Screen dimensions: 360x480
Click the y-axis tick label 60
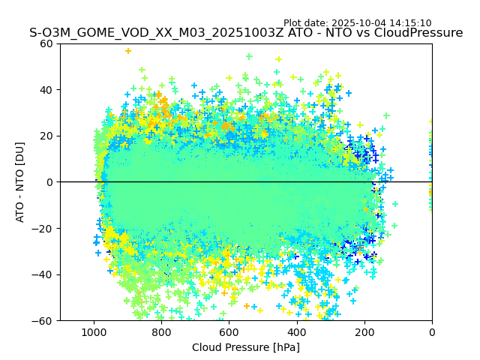pyautogui.click(x=47, y=43)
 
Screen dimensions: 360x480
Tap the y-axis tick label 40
pyautogui.click(x=47, y=90)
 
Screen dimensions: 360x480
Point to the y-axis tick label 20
pyautogui.click(x=47, y=136)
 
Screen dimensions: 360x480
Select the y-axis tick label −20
pyautogui.click(x=44, y=228)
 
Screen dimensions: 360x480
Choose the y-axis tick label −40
pyautogui.click(x=44, y=274)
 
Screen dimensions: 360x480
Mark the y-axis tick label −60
pyautogui.click(x=44, y=320)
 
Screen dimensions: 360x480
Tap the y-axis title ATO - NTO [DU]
pyautogui.click(x=20, y=182)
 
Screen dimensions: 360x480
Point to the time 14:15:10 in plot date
pyautogui.click(x=410, y=23)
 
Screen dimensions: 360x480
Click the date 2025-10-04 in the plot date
pyautogui.click(x=359, y=23)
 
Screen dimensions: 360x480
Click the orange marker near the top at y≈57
pyautogui.click(x=128, y=51)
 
